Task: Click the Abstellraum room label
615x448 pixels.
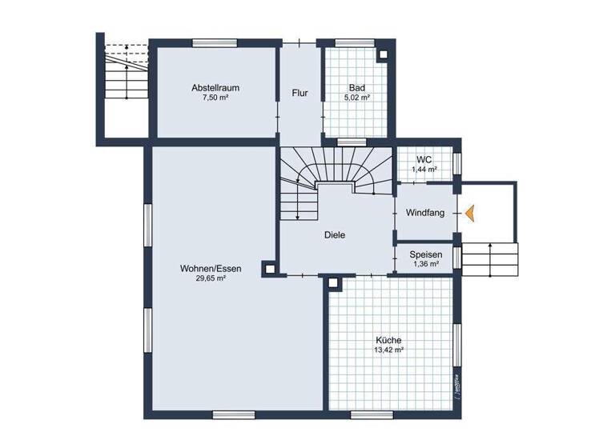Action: pos(215,87)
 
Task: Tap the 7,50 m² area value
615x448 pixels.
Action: pos(215,98)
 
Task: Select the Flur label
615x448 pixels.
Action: pos(300,93)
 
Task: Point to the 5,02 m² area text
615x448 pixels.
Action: pos(357,98)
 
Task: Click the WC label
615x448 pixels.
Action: pos(424,159)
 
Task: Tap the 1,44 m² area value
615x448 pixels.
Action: pos(424,170)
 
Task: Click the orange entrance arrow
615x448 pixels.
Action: pos(470,213)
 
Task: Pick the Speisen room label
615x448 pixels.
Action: pos(424,254)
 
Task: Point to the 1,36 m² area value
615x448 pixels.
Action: pos(424,263)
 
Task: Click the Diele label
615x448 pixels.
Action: pos(335,235)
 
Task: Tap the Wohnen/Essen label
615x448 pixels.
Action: pos(211,269)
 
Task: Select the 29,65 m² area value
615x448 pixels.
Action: pos(211,279)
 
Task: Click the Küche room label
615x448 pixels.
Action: pos(388,339)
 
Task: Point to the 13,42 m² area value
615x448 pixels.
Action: pos(388,350)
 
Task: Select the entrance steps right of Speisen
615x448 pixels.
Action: pos(489,258)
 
